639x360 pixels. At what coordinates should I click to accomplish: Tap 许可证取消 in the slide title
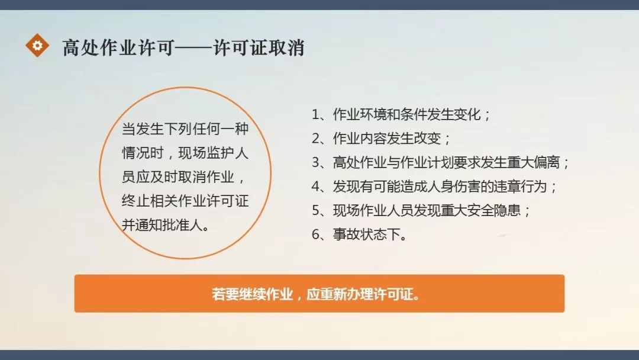point(259,47)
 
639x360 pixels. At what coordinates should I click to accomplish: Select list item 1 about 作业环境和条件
point(402,114)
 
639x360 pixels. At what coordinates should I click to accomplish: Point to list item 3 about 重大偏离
point(441,162)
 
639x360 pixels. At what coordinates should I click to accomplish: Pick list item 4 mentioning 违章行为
point(435,187)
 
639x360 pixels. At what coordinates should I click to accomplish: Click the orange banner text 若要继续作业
point(253,294)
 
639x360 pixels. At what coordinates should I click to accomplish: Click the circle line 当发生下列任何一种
point(185,128)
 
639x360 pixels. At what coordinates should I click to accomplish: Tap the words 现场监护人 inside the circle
point(220,153)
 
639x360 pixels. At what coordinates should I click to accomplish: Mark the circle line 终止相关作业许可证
point(185,201)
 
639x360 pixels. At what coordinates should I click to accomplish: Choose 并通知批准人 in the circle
point(166,226)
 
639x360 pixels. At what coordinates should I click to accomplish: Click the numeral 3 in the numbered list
point(315,163)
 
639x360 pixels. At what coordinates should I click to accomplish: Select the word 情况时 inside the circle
point(141,153)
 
